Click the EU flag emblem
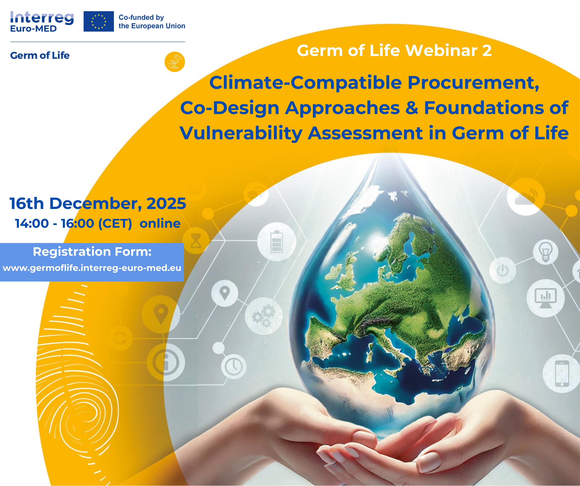(x=99, y=21)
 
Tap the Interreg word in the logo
(x=42, y=18)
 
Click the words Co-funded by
(x=141, y=17)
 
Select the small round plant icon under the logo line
(x=175, y=62)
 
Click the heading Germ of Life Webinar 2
(x=394, y=51)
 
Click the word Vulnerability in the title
(x=241, y=133)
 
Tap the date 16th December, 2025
(x=98, y=203)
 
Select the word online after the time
(x=160, y=223)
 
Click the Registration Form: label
(x=92, y=252)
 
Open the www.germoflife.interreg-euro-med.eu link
(x=92, y=268)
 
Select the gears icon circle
(x=264, y=316)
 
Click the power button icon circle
(x=502, y=270)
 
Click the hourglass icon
(x=196, y=241)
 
